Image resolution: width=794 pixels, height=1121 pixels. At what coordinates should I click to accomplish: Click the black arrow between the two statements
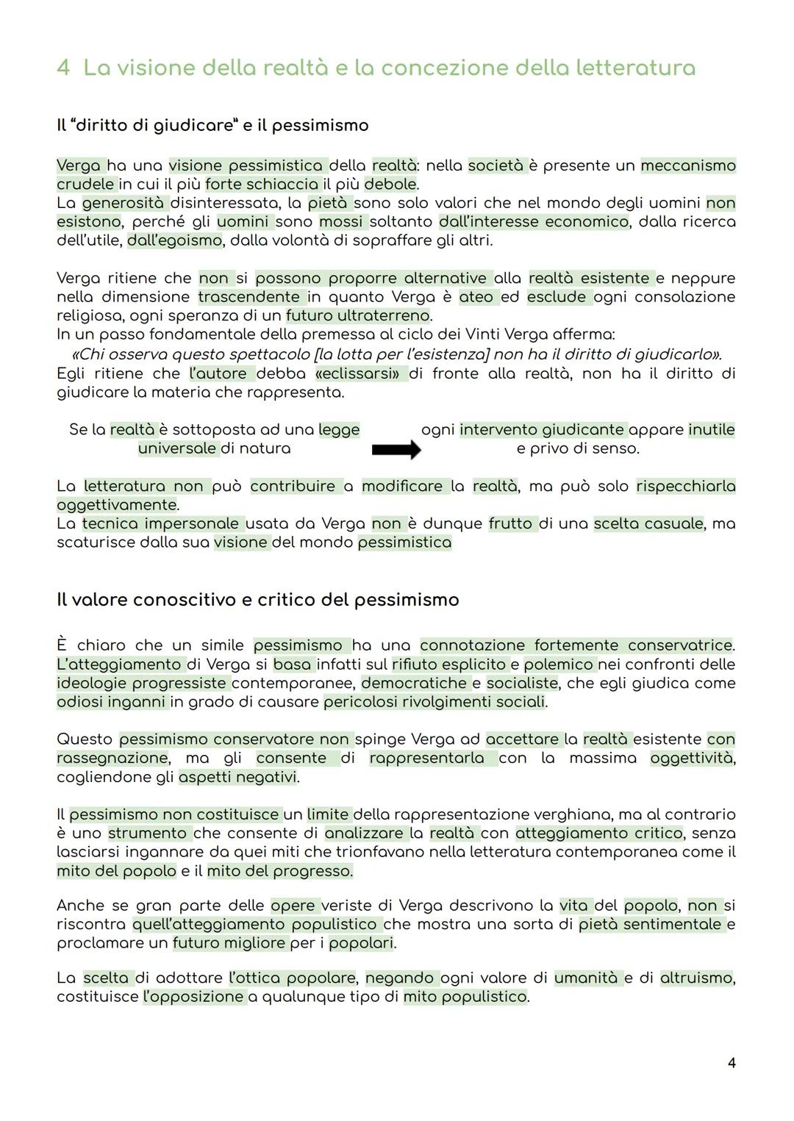(x=396, y=450)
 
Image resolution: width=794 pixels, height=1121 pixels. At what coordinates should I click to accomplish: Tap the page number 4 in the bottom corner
(x=731, y=1062)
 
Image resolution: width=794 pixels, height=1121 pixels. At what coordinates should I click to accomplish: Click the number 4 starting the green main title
(x=63, y=68)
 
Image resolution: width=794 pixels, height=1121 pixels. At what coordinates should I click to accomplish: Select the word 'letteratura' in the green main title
(x=634, y=68)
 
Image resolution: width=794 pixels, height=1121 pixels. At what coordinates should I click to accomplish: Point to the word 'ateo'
(x=476, y=297)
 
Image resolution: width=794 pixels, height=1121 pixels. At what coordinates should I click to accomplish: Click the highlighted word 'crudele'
(x=85, y=184)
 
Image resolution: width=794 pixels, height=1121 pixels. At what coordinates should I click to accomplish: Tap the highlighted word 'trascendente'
(x=248, y=297)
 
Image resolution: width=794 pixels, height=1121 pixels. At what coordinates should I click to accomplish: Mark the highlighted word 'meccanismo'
(x=688, y=165)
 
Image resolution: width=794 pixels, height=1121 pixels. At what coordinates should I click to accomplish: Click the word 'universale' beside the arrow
(x=177, y=448)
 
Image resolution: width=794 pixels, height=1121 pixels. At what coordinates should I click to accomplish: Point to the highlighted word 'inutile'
(x=711, y=429)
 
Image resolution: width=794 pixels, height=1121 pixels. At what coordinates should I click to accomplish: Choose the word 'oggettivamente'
(x=117, y=505)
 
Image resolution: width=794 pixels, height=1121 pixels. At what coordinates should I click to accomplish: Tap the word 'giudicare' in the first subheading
(x=190, y=125)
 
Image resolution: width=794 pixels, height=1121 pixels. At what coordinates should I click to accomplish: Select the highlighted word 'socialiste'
(x=521, y=683)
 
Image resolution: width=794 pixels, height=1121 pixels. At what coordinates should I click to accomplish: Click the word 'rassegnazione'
(x=112, y=758)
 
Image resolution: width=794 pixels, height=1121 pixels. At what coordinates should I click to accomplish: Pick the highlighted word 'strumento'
(x=147, y=834)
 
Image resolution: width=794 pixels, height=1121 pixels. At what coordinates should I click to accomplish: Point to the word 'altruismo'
(x=696, y=978)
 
